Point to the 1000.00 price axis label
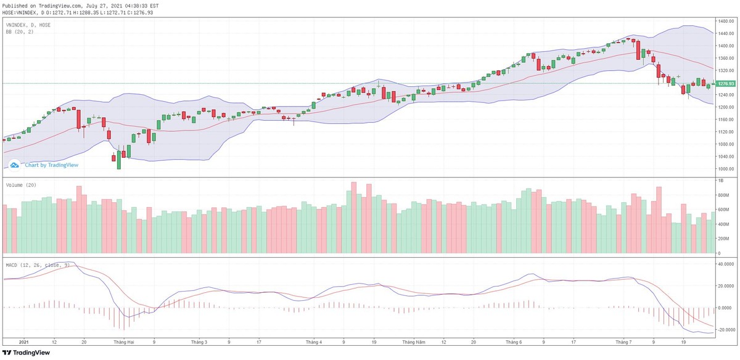pos(726,169)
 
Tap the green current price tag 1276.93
pos(726,83)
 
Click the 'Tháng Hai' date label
pos(120,341)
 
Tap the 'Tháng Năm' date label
pos(414,341)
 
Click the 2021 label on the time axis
pos(24,341)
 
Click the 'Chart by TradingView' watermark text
pos(51,165)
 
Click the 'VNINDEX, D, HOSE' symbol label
pos(28,25)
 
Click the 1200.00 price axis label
pos(726,107)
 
